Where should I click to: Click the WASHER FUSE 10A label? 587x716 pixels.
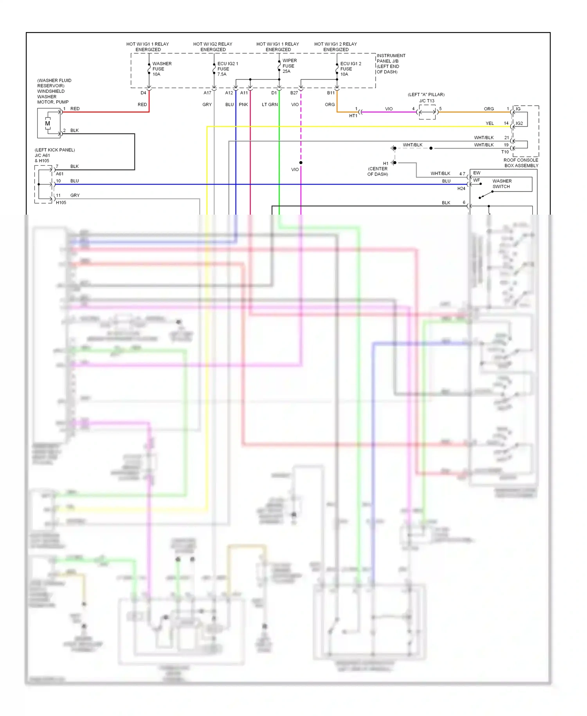click(162, 69)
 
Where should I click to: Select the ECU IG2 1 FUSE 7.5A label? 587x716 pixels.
click(227, 69)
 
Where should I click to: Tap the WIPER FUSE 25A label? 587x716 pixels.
click(290, 66)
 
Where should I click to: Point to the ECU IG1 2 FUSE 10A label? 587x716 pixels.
click(351, 69)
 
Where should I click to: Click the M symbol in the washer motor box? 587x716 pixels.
click(47, 123)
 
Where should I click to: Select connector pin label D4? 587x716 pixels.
click(143, 93)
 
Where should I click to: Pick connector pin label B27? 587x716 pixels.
click(294, 93)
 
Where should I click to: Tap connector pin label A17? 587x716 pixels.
click(207, 93)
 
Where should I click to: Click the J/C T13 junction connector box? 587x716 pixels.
click(427, 112)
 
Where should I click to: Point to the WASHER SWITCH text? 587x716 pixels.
click(502, 184)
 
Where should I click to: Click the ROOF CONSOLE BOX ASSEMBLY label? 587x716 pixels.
click(521, 163)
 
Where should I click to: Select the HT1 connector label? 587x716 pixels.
click(353, 116)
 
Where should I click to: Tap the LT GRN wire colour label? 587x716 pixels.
click(270, 105)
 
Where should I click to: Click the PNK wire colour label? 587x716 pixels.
click(243, 105)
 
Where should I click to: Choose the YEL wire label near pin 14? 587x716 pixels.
click(490, 123)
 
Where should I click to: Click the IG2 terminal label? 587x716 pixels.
click(519, 123)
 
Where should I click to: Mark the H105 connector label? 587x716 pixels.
click(61, 203)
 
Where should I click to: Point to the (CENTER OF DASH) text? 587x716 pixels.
click(378, 172)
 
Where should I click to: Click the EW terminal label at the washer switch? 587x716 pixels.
click(477, 173)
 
